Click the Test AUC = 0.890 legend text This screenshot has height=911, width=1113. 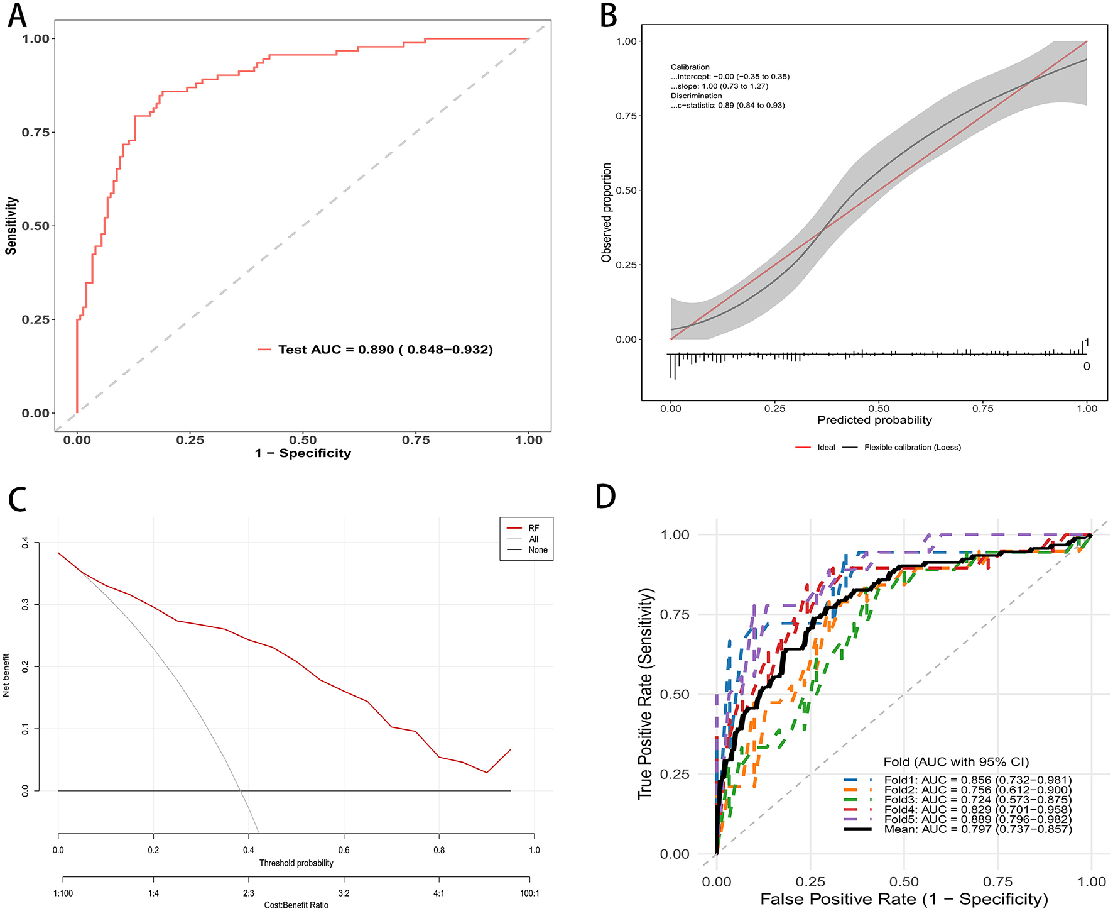pyautogui.click(x=385, y=350)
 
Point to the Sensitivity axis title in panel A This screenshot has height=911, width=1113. pyautogui.click(x=11, y=226)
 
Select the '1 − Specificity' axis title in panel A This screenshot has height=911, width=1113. pyautogui.click(x=303, y=453)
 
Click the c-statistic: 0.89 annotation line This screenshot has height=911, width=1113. pyautogui.click(x=727, y=106)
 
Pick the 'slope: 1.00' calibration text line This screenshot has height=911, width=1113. pyautogui.click(x=719, y=86)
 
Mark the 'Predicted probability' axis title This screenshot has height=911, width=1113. pyautogui.click(x=874, y=420)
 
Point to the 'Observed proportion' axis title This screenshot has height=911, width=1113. pyautogui.click(x=606, y=213)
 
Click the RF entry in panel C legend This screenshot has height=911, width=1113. pyautogui.click(x=533, y=528)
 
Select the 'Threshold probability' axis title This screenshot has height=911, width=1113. pyautogui.click(x=296, y=863)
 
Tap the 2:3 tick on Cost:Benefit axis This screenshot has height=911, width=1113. pyautogui.click(x=249, y=893)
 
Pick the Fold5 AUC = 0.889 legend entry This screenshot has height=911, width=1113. pyautogui.click(x=977, y=819)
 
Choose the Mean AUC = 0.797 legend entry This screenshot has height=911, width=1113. pyautogui.click(x=977, y=829)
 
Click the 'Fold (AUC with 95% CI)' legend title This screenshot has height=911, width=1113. pyautogui.click(x=956, y=762)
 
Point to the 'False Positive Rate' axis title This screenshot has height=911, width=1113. pyautogui.click(x=904, y=899)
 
